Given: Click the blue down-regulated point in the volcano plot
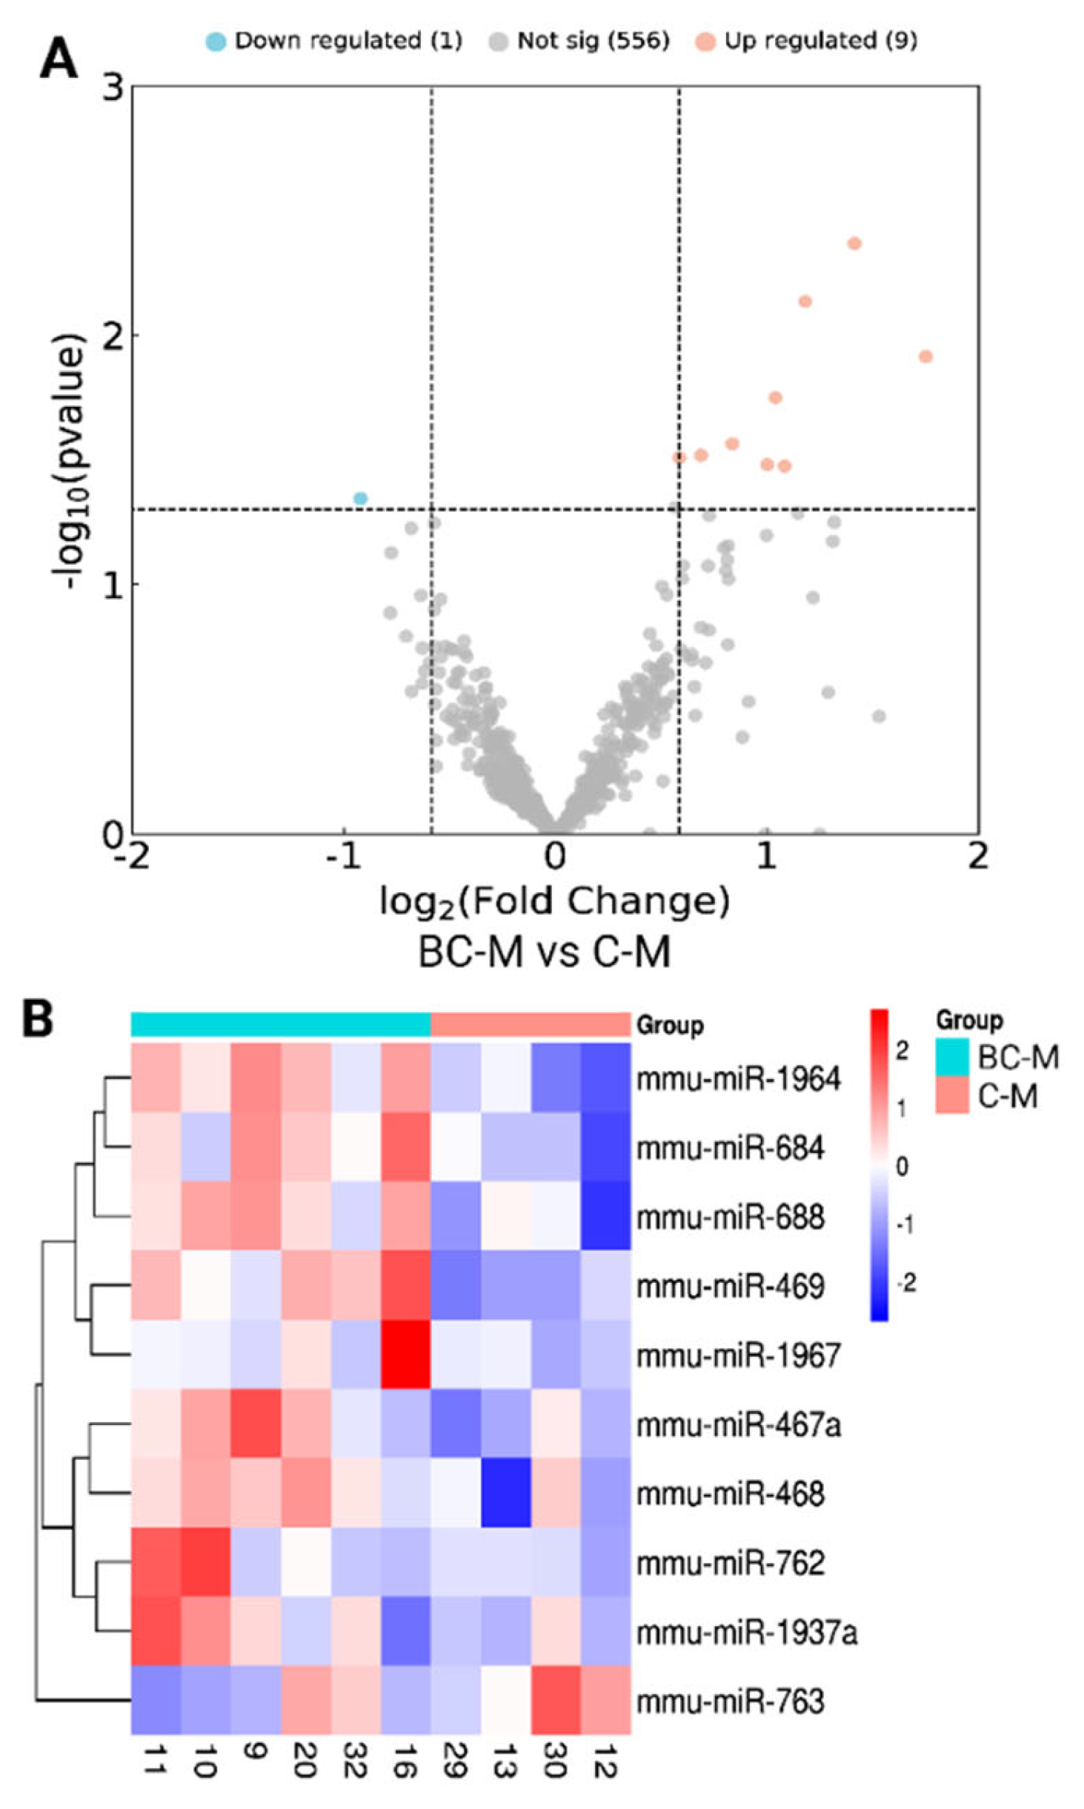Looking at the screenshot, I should [x=360, y=498].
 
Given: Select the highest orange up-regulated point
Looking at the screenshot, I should [x=854, y=243].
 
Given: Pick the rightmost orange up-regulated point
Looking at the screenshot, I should [x=925, y=356].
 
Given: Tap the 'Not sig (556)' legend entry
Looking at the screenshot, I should [x=579, y=41].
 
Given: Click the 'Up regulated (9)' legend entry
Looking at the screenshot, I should [x=807, y=41].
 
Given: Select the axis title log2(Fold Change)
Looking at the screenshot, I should [x=554, y=901].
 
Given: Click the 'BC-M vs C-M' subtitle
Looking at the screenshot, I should [x=545, y=951].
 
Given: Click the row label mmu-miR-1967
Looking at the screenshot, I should [x=739, y=1356].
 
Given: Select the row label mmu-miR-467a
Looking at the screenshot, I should [x=739, y=1424].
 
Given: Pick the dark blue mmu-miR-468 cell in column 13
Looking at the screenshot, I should [x=505, y=1493].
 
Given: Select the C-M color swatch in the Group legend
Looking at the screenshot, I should [x=951, y=1096].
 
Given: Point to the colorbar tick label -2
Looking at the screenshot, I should [x=905, y=1283].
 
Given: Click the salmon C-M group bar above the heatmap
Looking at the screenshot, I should [x=530, y=1024].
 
